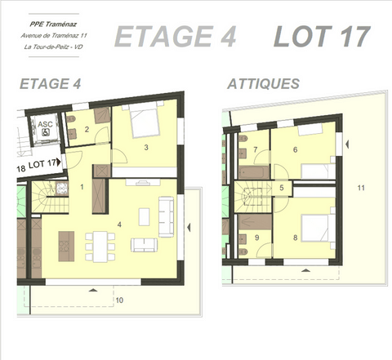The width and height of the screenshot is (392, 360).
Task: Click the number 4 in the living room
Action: click(119, 223)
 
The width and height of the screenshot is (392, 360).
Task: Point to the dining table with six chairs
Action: click(99, 246)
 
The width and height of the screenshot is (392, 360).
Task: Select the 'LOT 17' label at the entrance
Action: click(43, 164)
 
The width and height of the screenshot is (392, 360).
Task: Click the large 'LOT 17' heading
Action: click(321, 37)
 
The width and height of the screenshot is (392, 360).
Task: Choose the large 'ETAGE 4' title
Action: click(176, 37)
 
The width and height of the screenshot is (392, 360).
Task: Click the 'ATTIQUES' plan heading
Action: click(263, 84)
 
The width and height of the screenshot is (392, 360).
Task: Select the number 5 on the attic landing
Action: click(281, 188)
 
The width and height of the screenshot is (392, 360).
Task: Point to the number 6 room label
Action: click(296, 149)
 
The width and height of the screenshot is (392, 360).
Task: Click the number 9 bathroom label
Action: click(256, 238)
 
